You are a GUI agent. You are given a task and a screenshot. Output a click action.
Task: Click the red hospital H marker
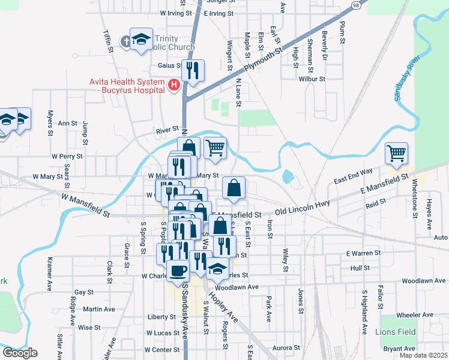pos(174,86)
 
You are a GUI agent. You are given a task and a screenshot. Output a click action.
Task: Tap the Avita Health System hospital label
pos(127,86)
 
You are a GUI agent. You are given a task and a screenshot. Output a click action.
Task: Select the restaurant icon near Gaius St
pos(193,71)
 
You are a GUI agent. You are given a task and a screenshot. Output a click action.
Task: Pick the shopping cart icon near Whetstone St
pos(396,154)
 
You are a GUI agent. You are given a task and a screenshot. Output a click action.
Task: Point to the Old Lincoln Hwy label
pos(303,208)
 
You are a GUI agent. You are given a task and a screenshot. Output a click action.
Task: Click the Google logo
pos(20,353)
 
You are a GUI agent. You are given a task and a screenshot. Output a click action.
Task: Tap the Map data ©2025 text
pos(423,355)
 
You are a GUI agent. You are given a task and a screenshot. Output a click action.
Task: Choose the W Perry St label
pos(67,156)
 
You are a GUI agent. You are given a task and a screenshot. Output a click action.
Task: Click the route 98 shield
pos(357,4)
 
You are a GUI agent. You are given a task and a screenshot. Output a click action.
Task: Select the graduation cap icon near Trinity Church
pos(141,40)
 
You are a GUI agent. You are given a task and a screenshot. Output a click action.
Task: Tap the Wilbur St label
pos(312,79)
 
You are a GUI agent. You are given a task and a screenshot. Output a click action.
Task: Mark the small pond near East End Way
pos(287,176)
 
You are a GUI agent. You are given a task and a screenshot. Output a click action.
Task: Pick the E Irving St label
pos(218,13)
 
